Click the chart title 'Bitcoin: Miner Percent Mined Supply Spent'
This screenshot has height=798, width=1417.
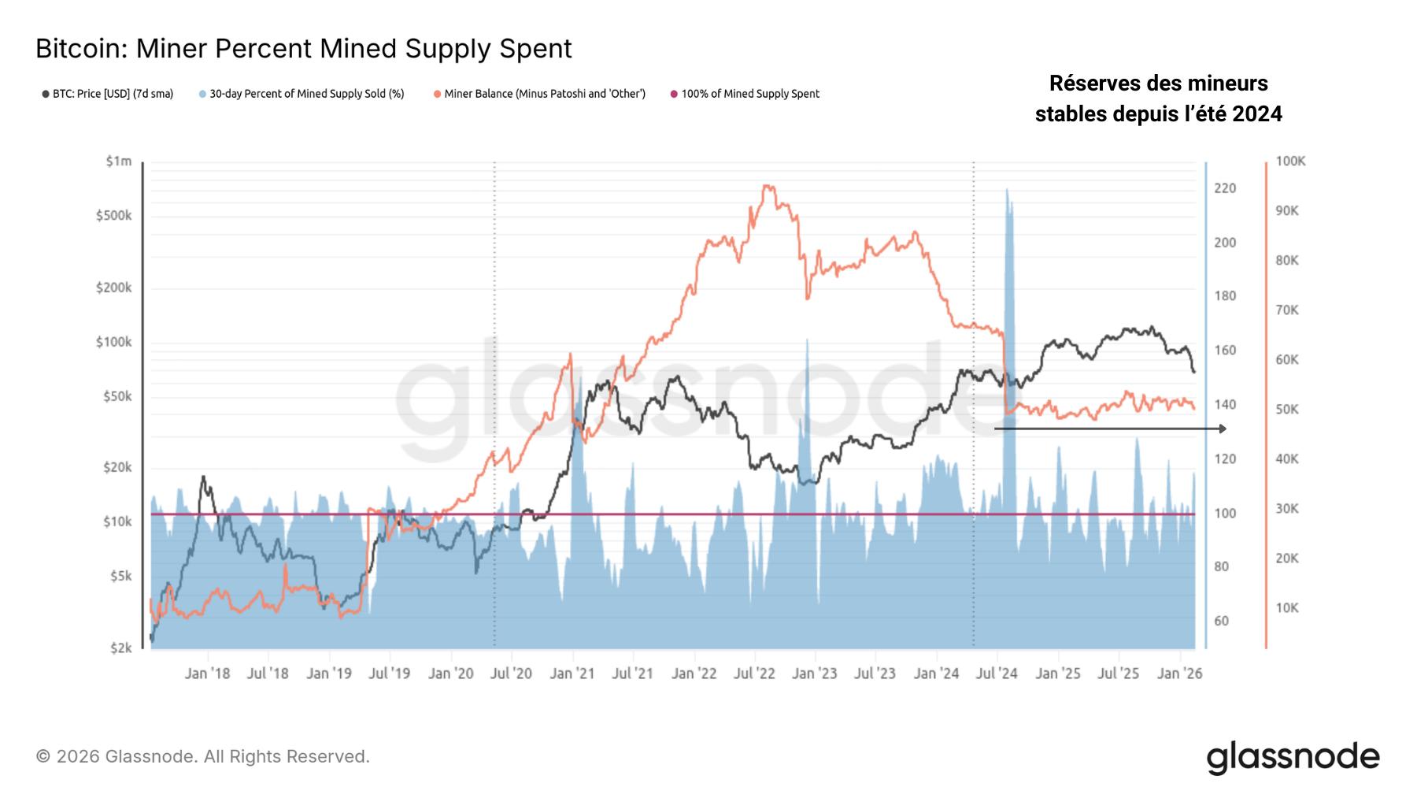point(303,49)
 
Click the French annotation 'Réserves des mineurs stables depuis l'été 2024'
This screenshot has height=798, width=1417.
point(1158,98)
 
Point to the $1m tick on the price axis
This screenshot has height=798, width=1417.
point(119,161)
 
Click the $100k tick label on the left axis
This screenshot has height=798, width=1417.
point(114,343)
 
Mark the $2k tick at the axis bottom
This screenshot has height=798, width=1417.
point(120,648)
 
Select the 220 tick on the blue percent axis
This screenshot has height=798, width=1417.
point(1225,188)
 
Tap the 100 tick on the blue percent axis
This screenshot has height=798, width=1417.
point(1225,514)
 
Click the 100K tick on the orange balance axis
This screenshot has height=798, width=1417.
point(1290,161)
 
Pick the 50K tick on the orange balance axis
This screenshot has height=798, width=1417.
point(1287,410)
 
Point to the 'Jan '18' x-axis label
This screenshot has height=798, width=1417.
point(207,674)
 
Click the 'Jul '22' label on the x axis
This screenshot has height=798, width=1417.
point(754,674)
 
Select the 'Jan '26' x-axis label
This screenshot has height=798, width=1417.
point(1180,674)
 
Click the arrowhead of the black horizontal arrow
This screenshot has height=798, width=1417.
point(1222,429)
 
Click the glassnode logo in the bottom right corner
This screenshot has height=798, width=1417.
point(1293,757)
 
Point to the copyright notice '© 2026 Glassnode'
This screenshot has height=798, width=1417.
point(202,757)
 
